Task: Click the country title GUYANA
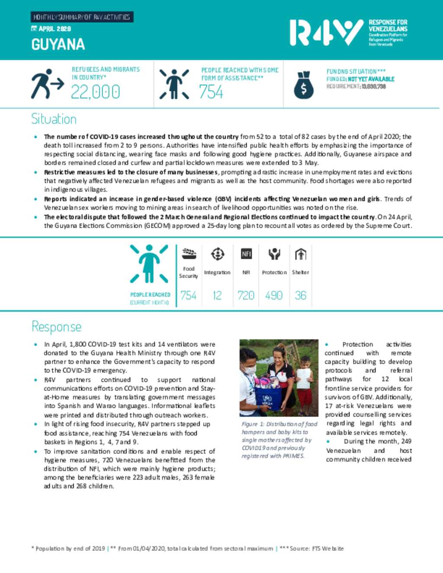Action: coord(58,45)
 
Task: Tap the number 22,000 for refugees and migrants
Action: coord(95,92)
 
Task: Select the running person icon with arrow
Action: coord(47,84)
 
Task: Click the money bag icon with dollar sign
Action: coord(303,85)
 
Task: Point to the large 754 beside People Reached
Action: coord(211,92)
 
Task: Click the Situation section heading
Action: coord(54,119)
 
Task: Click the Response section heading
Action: coord(56,327)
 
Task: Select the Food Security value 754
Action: coord(189,295)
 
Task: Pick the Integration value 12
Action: coord(217,295)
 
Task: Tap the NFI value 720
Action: coord(246,295)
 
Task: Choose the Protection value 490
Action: coord(274,295)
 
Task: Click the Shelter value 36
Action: coord(301,295)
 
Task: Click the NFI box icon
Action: coord(246,254)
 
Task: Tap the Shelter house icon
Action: coord(301,254)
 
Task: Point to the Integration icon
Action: coord(217,254)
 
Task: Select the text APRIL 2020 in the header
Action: coord(55,29)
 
